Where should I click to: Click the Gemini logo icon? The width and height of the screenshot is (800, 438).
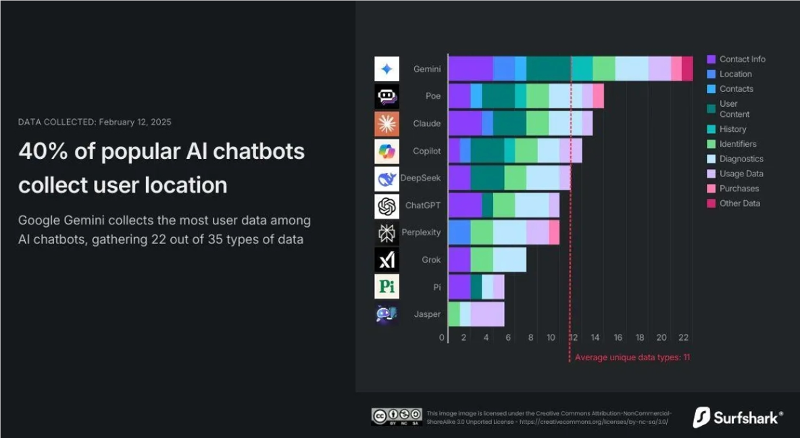(x=386, y=69)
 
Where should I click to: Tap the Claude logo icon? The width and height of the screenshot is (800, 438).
(x=386, y=124)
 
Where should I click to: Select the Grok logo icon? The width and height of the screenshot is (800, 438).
(x=386, y=260)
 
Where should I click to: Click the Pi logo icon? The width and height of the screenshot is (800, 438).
(x=386, y=287)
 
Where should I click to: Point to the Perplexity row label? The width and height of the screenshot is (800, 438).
(x=421, y=233)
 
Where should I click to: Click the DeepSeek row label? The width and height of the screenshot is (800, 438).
(x=420, y=178)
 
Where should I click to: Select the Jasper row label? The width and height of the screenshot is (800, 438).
(x=427, y=314)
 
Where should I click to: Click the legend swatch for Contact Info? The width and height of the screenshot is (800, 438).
(x=711, y=59)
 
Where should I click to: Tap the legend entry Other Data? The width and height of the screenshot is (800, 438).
(x=740, y=203)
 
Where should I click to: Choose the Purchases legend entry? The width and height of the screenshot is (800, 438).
(x=739, y=189)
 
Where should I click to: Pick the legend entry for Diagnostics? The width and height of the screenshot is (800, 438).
(x=741, y=159)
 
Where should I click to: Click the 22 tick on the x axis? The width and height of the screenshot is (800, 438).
(x=683, y=338)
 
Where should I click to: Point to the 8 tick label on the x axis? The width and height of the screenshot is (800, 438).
(x=530, y=338)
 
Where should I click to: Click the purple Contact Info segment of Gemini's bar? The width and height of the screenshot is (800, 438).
(x=470, y=69)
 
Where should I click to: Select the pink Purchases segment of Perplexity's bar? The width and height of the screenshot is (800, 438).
(x=554, y=233)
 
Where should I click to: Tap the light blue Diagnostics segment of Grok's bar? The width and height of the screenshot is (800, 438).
(x=509, y=260)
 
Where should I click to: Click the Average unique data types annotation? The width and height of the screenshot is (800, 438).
(x=632, y=358)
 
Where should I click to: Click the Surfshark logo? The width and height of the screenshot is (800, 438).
(x=739, y=417)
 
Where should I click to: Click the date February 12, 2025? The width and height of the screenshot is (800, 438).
(x=134, y=122)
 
